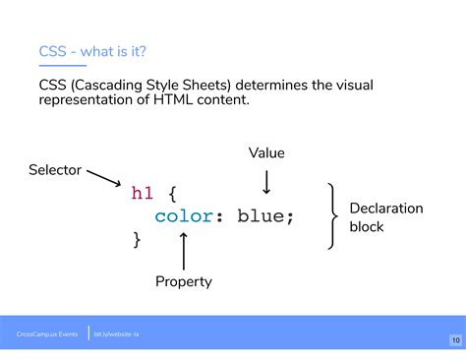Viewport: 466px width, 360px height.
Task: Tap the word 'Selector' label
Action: coord(54,171)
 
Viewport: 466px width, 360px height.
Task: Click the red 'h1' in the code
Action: coord(143,194)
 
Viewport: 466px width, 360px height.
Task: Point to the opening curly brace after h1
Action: coord(172,194)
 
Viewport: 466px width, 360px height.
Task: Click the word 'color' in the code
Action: coord(183,216)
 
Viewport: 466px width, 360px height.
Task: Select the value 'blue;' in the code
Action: coord(265,216)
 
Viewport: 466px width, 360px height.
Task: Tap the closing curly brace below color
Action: coord(137,239)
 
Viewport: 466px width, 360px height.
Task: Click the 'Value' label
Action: coord(265,152)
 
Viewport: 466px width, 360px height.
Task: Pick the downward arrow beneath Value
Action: coord(265,182)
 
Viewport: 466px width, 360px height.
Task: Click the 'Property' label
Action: coord(183,282)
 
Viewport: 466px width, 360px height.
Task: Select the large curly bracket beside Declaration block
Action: coord(332,215)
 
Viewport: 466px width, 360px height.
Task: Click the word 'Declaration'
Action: coord(386,209)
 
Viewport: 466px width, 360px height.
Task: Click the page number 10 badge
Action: coord(454,340)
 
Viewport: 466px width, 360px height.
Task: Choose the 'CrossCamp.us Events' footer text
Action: coord(46,334)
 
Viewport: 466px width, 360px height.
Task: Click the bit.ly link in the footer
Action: coord(115,334)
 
